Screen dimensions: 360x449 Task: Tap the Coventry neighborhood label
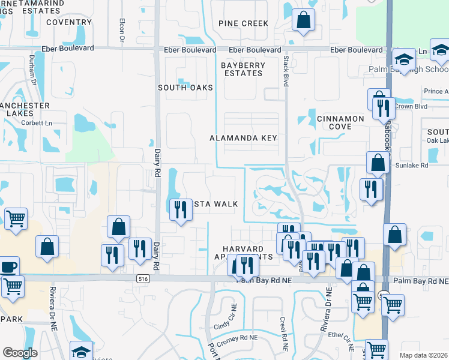68,22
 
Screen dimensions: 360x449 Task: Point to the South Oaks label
185,88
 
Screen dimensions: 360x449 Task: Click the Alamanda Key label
243,138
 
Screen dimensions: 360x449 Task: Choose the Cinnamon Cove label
340,123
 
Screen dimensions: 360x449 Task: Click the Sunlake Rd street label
411,165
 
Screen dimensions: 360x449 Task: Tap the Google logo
20,353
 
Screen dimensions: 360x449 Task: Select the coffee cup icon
8,266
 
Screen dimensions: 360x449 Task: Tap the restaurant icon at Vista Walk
178,209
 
